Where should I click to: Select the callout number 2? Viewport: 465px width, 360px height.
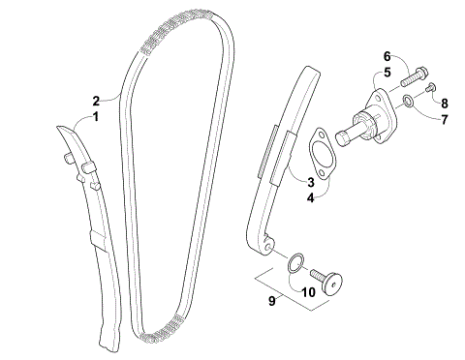(x=96, y=100)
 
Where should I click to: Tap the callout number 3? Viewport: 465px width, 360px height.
(x=311, y=181)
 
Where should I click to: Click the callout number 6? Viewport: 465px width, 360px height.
(x=385, y=55)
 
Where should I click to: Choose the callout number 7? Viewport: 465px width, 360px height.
(x=446, y=119)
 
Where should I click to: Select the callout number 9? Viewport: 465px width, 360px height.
(x=274, y=301)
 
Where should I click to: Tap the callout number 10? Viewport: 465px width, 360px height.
(x=308, y=289)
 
